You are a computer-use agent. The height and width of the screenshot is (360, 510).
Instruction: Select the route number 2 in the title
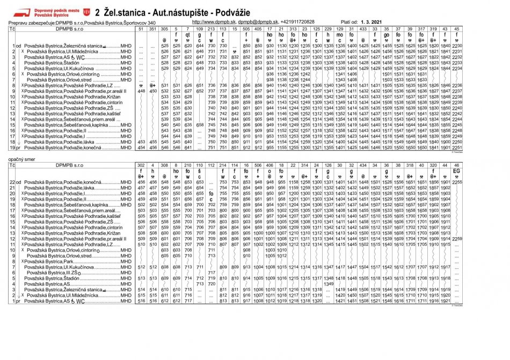click(x=97, y=12)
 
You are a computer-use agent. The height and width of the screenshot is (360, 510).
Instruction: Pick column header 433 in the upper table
click(x=363, y=28)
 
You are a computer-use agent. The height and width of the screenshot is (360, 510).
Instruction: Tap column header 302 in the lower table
click(x=141, y=166)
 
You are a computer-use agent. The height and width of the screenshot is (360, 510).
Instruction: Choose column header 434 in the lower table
click(x=363, y=166)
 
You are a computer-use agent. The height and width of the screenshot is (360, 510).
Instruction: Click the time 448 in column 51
click(x=141, y=91)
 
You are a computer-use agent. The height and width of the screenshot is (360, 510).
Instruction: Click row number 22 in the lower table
click(x=12, y=182)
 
